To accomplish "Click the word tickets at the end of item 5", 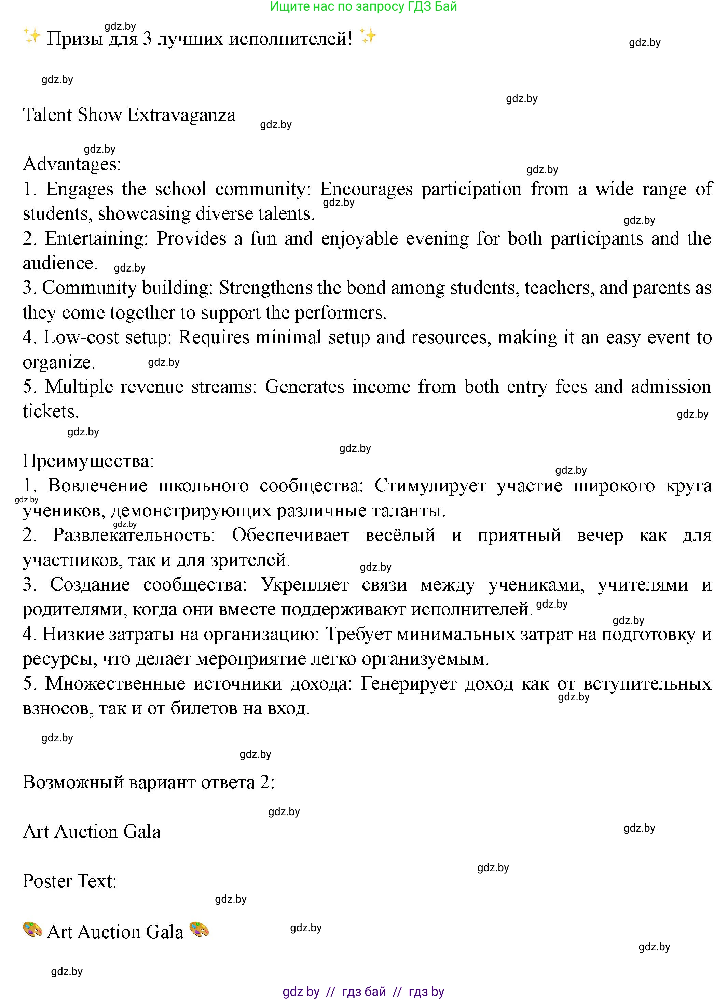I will [50, 412].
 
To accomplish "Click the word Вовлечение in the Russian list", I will [97, 486].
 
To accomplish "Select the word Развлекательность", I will [134, 535].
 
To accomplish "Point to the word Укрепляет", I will [305, 585].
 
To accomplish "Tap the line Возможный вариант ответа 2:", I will [149, 783].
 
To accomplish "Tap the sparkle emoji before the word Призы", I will [32, 36].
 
